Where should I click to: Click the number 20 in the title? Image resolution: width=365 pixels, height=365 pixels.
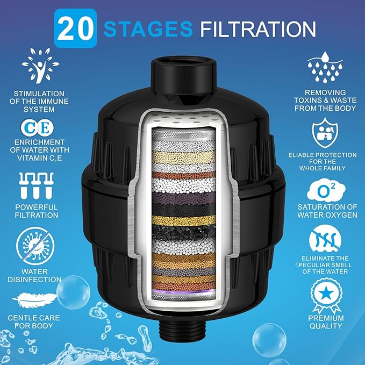(75, 30)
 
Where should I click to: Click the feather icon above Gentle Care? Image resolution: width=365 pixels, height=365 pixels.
(35, 299)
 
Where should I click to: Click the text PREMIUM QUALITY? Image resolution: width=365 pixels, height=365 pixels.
(326, 321)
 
